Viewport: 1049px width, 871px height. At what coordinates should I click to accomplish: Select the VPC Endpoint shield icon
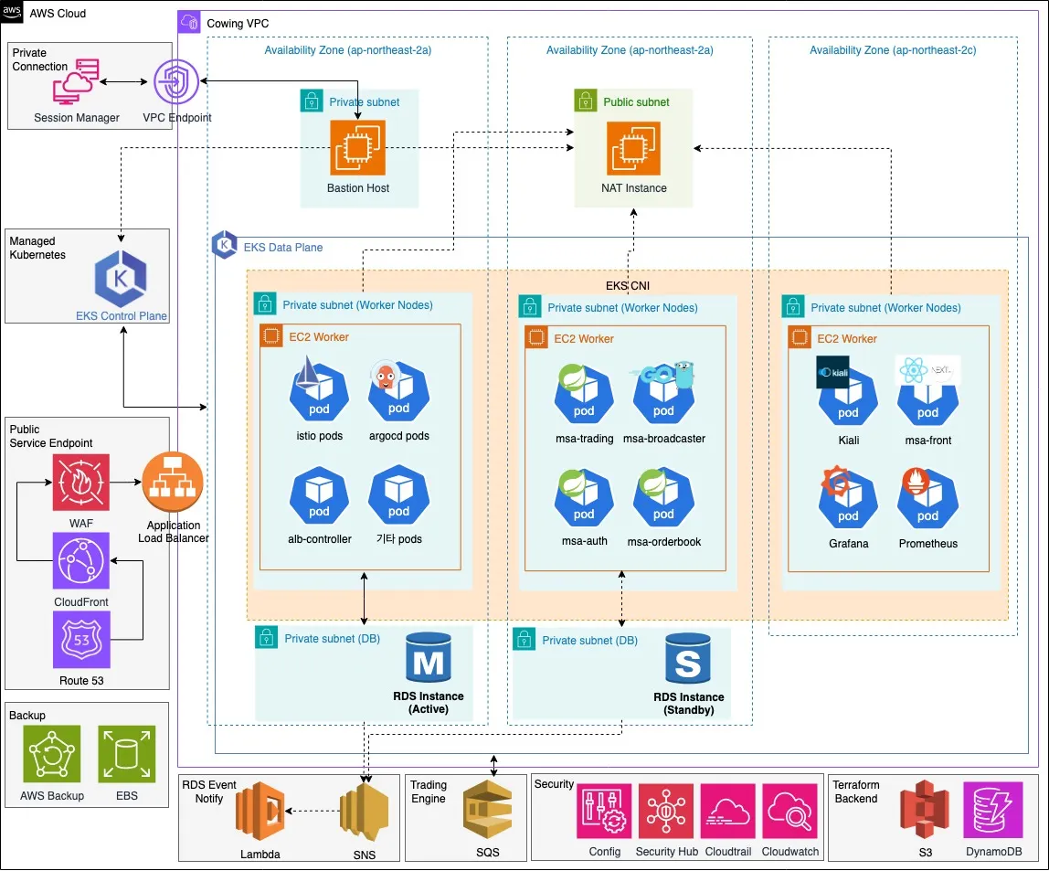(x=176, y=83)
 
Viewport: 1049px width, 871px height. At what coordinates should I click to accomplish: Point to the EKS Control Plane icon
(x=122, y=278)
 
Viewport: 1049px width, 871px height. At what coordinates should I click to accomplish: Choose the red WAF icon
(x=80, y=483)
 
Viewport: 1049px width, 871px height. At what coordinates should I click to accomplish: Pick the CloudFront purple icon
(x=80, y=561)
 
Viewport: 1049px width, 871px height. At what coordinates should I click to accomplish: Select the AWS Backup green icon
(x=52, y=755)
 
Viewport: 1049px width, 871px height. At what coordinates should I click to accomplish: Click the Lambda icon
(x=259, y=812)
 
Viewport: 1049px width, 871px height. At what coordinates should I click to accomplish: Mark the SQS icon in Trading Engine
(x=493, y=812)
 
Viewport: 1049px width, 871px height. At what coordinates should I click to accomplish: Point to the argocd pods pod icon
(x=398, y=394)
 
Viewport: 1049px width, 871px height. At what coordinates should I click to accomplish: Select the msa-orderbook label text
(x=663, y=541)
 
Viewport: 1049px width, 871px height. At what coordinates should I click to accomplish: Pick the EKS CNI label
(x=628, y=285)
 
